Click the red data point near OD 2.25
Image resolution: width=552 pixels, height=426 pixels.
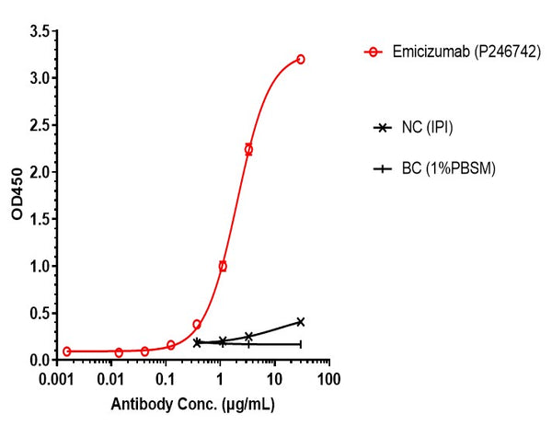(x=248, y=149)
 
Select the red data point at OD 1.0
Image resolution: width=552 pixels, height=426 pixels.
(x=223, y=266)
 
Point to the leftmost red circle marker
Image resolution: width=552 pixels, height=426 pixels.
(x=66, y=351)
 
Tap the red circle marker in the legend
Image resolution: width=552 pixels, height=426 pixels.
(x=374, y=52)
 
